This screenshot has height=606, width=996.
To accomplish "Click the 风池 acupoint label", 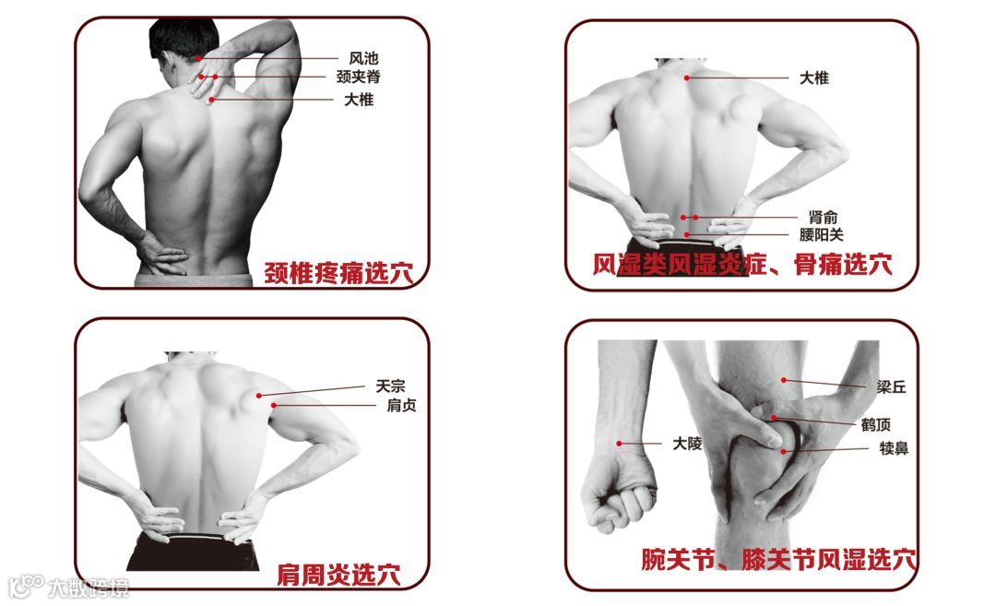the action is [363, 58].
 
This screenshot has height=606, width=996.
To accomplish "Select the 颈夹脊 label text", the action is [358, 77].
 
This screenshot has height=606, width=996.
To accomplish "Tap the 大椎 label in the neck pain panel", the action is [359, 100].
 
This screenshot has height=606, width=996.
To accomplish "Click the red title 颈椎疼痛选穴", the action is [338, 274].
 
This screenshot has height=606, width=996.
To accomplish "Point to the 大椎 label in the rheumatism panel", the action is [813, 78].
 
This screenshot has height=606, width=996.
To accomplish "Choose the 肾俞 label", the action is [823, 218].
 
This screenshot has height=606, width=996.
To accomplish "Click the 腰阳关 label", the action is [822, 235].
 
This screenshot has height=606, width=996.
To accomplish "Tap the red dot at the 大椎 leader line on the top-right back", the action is [687, 78].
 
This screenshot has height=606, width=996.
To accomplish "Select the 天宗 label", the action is [390, 386].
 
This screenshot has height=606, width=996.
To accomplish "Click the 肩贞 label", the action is [401, 405].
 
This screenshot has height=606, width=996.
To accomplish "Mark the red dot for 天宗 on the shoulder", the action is [259, 396].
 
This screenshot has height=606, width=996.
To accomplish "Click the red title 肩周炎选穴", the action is [338, 575].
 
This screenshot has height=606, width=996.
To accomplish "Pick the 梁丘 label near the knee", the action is [891, 386].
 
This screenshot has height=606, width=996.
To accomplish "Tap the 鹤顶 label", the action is [876, 424].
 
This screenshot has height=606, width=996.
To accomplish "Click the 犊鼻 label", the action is [894, 448].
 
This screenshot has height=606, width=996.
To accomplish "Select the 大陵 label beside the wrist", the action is [687, 444].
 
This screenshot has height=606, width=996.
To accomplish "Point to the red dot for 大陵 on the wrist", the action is [620, 444].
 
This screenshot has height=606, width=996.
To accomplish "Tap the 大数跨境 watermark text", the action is [88, 588].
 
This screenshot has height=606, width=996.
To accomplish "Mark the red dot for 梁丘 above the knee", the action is [784, 380].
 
